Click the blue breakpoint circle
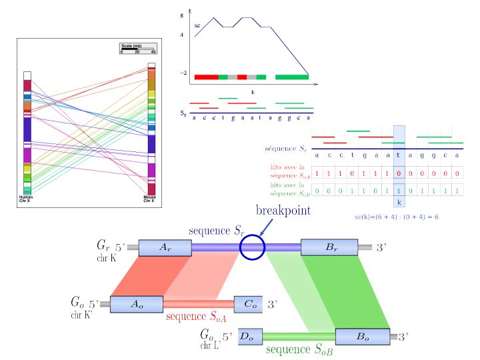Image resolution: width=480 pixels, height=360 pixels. [253, 247]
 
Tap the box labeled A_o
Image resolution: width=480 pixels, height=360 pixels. [136, 303]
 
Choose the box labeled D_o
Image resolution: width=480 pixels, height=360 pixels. [247, 337]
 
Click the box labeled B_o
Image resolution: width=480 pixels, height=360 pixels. [361, 337]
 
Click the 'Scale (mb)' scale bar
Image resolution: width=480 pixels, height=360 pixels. [137, 49]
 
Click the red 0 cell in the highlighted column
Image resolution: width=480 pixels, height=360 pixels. [399, 173]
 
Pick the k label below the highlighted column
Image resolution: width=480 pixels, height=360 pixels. [399, 201]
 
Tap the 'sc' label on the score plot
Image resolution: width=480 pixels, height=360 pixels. [197, 25]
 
